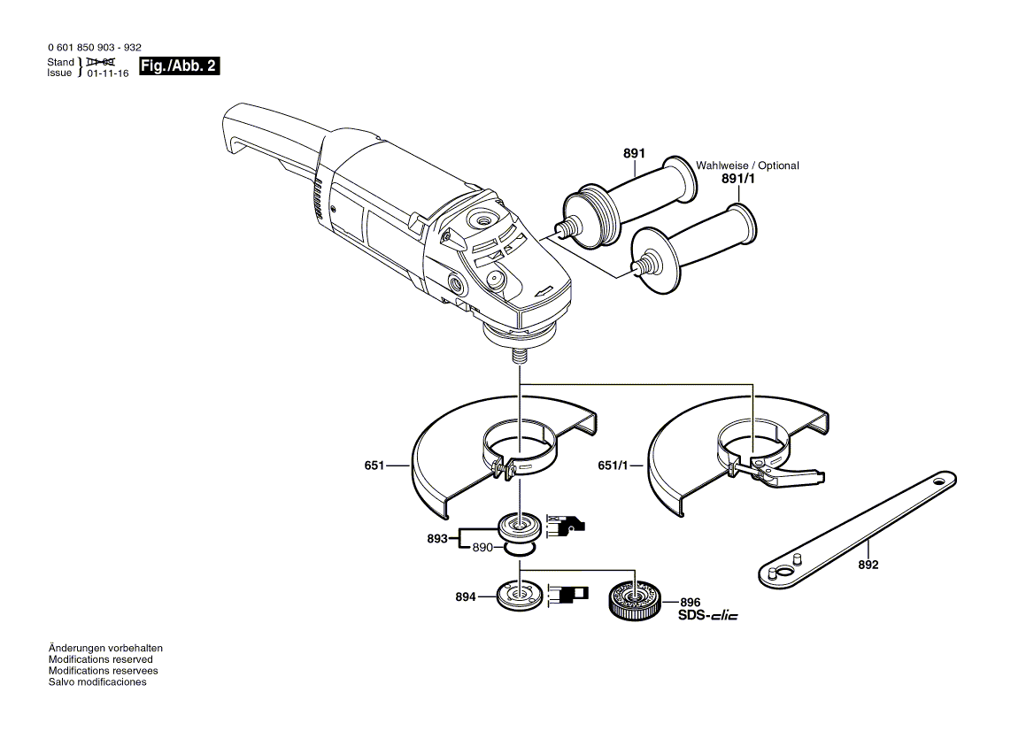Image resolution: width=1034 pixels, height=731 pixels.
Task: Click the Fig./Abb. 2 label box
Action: point(180,67)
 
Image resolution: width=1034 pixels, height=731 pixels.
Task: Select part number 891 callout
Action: point(633,153)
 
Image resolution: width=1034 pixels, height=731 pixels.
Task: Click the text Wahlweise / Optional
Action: point(747,165)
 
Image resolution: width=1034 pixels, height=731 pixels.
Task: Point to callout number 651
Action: point(375,465)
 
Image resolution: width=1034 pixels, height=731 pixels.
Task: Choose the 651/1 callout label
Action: point(613,465)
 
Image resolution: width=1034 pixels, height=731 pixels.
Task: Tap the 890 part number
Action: point(482,548)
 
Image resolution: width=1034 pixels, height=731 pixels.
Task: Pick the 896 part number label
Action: point(690,601)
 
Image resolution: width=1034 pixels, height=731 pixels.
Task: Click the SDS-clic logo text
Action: point(707,615)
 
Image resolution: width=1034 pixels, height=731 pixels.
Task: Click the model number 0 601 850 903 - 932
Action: point(94,50)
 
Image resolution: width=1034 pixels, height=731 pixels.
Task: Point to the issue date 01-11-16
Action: point(108,74)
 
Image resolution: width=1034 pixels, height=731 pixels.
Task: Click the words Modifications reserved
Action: point(100,659)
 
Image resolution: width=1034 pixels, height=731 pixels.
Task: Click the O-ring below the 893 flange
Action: point(518,550)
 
